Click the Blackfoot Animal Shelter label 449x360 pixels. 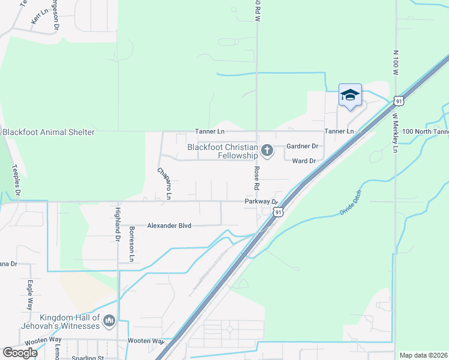click(48, 132)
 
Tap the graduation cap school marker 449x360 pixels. click(350, 95)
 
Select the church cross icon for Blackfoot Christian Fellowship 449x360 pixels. click(268, 151)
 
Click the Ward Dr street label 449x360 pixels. click(304, 161)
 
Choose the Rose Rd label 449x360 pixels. click(256, 179)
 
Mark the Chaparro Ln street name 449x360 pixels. click(165, 183)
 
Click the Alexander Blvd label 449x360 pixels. click(169, 226)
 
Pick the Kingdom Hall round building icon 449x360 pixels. click(109, 322)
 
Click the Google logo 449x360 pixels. click(19, 353)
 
